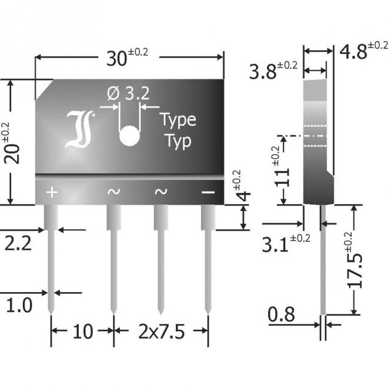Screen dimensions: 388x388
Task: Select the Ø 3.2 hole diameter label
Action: click(x=129, y=93)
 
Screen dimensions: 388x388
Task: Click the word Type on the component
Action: click(x=178, y=121)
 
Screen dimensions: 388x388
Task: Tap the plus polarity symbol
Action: click(x=52, y=192)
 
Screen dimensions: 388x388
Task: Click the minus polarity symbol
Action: click(x=208, y=192)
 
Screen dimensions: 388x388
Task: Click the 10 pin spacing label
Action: click(x=83, y=332)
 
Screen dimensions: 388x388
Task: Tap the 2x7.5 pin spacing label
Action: click(x=160, y=332)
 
